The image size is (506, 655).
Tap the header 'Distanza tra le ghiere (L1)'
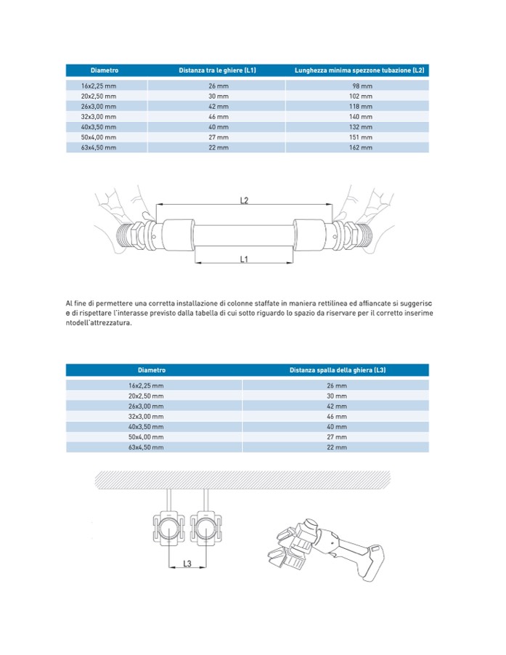tap(217, 70)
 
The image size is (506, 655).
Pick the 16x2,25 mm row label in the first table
tap(99, 86)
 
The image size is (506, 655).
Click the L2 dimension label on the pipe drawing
tap(245, 200)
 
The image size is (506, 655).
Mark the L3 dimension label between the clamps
tap(187, 563)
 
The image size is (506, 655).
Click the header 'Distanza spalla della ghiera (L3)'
tap(337, 370)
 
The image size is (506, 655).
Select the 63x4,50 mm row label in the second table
tap(146, 448)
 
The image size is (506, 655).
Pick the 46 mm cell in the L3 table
tap(337, 417)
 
